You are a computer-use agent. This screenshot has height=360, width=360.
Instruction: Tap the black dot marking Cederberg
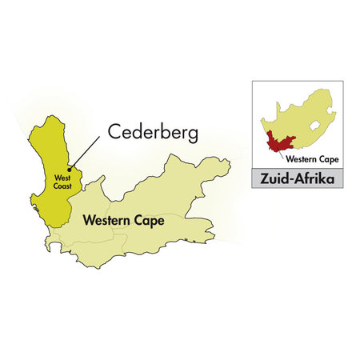pyautogui.click(x=69, y=168)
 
